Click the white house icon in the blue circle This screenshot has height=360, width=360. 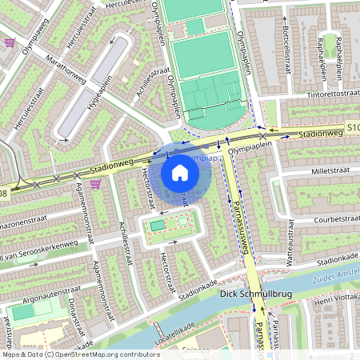pos(180,173)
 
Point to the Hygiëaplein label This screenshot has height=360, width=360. pos(99,90)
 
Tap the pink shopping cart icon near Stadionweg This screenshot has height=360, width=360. pos(95,184)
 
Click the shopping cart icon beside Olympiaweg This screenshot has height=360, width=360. pos(10,42)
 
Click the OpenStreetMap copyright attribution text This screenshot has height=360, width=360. pos(81,354)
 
